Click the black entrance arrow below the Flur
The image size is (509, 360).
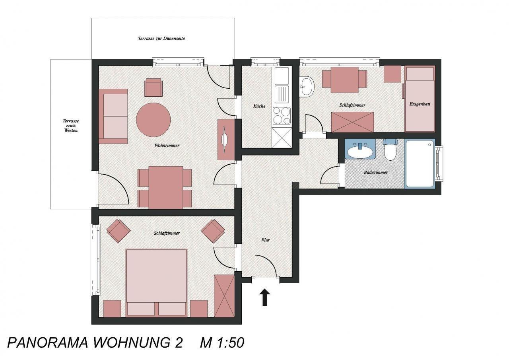pyautogui.click(x=264, y=298)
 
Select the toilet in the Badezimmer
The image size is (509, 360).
pyautogui.click(x=390, y=150)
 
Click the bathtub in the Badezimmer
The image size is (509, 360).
pyautogui.click(x=420, y=163)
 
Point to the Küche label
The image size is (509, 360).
pyautogui.click(x=259, y=106)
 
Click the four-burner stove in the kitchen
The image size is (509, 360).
pyautogui.click(x=282, y=116)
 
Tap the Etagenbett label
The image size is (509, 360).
pyautogui.click(x=420, y=104)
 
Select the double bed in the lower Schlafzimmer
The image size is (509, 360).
pyautogui.click(x=157, y=283)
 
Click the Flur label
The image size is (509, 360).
pyautogui.click(x=265, y=240)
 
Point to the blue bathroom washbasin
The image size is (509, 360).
pyautogui.click(x=360, y=149)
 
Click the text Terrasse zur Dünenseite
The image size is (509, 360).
pyautogui.click(x=161, y=39)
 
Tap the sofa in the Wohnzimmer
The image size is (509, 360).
pyautogui.click(x=113, y=117)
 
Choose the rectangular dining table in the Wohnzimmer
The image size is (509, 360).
pyautogui.click(x=166, y=187)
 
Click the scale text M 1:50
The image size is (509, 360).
pyautogui.click(x=222, y=342)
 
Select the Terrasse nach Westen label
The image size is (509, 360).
pyautogui.click(x=71, y=126)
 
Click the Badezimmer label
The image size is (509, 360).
pyautogui.click(x=376, y=173)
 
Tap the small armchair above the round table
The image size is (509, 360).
pyautogui.click(x=153, y=88)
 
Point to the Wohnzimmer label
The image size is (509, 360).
pyautogui.click(x=167, y=146)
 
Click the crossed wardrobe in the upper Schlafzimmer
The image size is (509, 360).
pyautogui.click(x=352, y=122)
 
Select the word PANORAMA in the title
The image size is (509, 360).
pyautogui.click(x=48, y=342)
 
